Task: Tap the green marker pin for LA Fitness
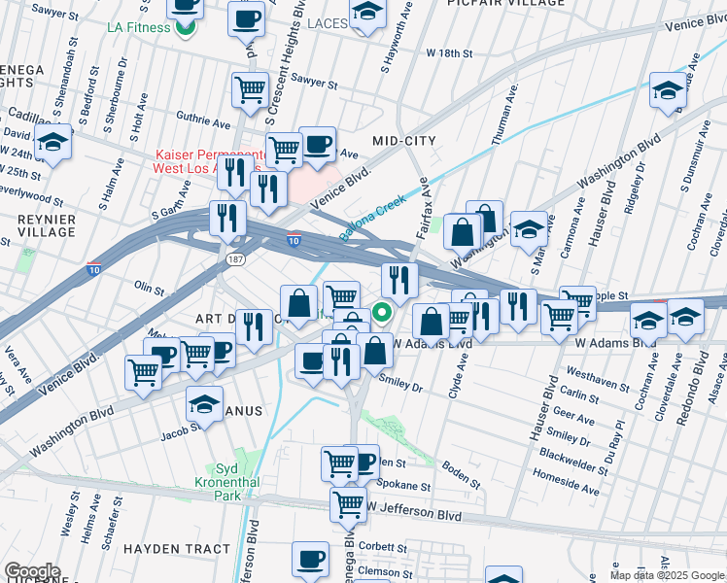click(x=185, y=26)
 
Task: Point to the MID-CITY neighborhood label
click(x=403, y=141)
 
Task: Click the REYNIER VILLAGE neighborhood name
click(x=47, y=225)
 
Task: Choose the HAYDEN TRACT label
click(x=177, y=549)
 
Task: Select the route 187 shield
click(x=236, y=260)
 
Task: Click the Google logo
click(x=32, y=571)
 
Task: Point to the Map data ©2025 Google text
click(x=667, y=575)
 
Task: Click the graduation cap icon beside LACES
click(x=366, y=14)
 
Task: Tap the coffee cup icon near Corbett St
click(x=311, y=560)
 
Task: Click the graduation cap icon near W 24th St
click(x=53, y=143)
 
